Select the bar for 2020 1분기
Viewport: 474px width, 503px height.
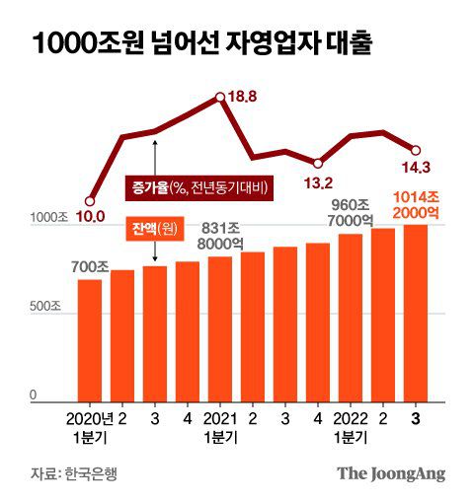pyautogui.click(x=90, y=340)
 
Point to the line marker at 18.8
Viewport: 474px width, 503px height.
pyautogui.click(x=220, y=97)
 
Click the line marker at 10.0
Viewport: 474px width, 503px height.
pyautogui.click(x=90, y=200)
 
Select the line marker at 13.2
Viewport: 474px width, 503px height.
pyautogui.click(x=318, y=163)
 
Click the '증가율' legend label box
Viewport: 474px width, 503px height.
pyautogui.click(x=199, y=186)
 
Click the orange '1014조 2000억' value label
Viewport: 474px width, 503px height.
pyautogui.click(x=416, y=204)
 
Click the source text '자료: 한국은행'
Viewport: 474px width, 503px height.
pyautogui.click(x=73, y=472)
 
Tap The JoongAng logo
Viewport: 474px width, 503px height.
pyautogui.click(x=391, y=472)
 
